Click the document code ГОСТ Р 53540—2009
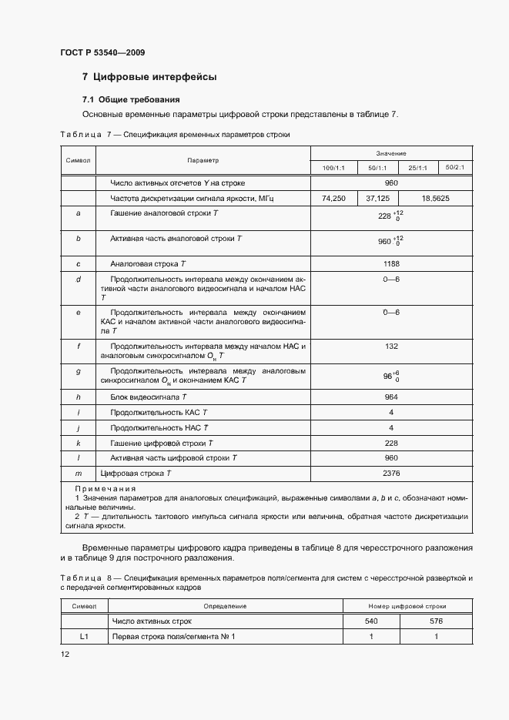pyautogui.click(x=102, y=52)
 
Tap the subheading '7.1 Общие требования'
pyautogui.click(x=131, y=100)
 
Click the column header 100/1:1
pyautogui.click(x=334, y=168)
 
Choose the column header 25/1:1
pyautogui.click(x=418, y=168)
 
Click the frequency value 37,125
pyautogui.click(x=377, y=198)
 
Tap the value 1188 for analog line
pyautogui.click(x=391, y=263)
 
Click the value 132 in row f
pyautogui.click(x=391, y=347)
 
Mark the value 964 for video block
pyautogui.click(x=391, y=397)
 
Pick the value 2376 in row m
pyautogui.click(x=391, y=473)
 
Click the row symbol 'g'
pyautogui.click(x=79, y=371)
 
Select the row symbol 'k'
pyautogui.click(x=79, y=443)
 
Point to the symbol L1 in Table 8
pyautogui.click(x=84, y=636)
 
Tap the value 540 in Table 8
pyautogui.click(x=370, y=621)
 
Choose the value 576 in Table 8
pyautogui.click(x=436, y=621)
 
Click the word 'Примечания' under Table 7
pyautogui.click(x=105, y=489)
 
